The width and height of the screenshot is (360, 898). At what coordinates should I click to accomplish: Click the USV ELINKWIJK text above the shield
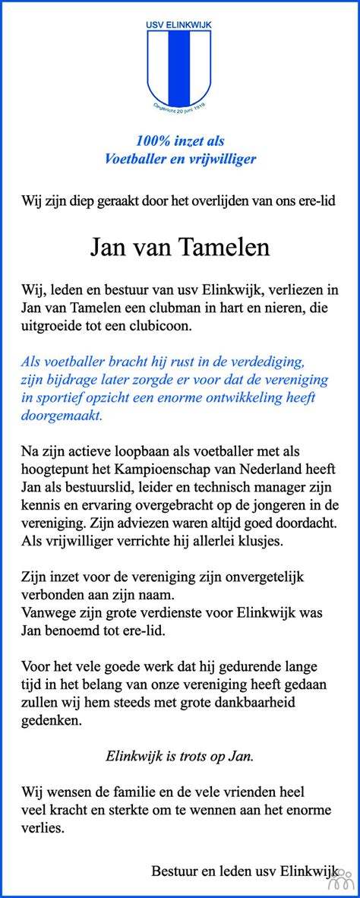click(x=179, y=25)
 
